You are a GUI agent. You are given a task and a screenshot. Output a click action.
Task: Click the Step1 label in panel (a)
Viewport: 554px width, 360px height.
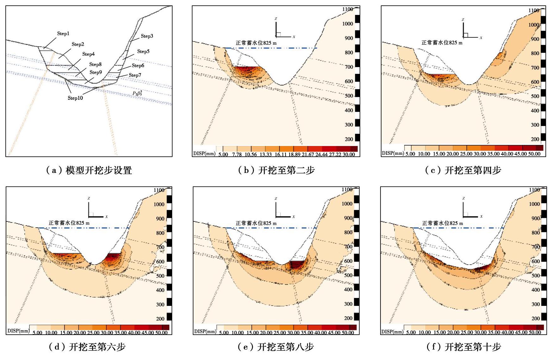[63, 34]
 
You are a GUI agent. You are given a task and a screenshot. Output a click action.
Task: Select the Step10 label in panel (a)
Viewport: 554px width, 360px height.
[75, 98]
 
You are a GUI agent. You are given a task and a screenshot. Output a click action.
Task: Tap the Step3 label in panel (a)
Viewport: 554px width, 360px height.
[147, 36]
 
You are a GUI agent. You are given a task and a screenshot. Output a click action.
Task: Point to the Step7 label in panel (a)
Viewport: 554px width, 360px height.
[135, 75]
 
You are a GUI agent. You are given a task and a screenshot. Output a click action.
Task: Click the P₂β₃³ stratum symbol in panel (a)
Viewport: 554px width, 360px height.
[137, 93]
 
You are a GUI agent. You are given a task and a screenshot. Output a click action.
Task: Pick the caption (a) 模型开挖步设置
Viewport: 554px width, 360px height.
[89, 170]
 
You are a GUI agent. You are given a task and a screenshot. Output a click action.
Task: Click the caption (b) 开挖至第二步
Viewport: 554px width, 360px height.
[276, 170]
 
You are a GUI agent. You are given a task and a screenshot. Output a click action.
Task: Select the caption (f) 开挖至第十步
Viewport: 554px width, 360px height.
[463, 347]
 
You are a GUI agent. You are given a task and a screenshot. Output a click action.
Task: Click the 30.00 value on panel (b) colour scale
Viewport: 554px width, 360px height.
[349, 155]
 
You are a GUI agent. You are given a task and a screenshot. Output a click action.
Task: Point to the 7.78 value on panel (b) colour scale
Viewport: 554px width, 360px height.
[237, 155]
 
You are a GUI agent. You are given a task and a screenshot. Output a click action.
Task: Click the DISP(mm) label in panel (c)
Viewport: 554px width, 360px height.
[393, 153]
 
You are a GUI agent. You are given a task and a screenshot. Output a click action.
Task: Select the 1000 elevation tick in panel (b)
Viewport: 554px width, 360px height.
[347, 24]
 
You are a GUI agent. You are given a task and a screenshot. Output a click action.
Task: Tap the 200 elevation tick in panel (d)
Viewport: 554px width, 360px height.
[160, 319]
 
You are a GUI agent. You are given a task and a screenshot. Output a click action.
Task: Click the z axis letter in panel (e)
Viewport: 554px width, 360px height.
[276, 199]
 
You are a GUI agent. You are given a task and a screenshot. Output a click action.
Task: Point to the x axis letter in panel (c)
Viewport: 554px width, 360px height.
[481, 37]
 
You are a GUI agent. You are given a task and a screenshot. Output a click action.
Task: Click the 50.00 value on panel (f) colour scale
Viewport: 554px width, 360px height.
[535, 332]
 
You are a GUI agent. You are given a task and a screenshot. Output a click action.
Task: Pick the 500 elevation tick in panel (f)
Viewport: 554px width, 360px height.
[536, 275]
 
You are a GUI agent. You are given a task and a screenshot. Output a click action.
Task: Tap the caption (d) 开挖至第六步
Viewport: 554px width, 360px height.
[87, 347]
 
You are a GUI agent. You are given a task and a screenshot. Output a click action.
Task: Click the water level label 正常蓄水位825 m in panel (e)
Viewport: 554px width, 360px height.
[256, 223]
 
